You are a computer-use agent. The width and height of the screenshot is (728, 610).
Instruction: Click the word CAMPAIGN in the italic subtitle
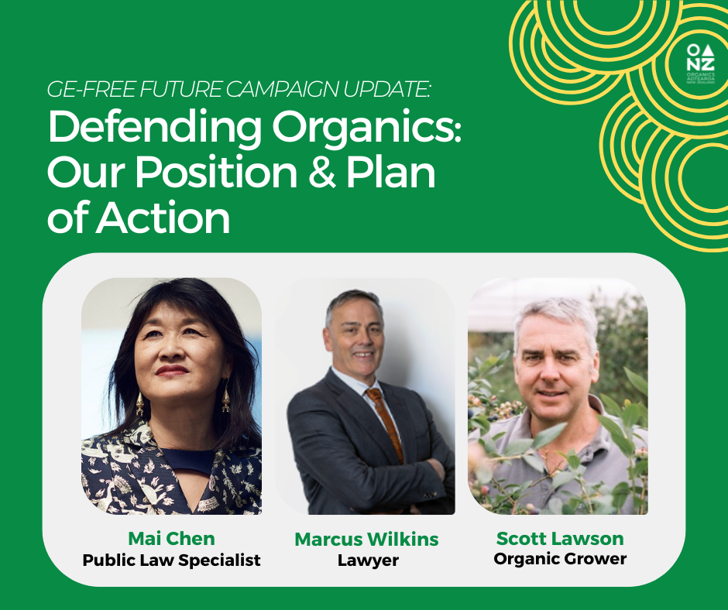pos(273,91)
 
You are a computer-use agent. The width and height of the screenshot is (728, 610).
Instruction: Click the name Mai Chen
pos(171,538)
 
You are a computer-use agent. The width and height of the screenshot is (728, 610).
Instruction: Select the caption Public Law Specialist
pos(171,559)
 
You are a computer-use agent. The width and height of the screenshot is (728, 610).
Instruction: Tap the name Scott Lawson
pos(560,538)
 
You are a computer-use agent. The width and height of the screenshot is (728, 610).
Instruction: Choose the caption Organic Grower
pos(560,558)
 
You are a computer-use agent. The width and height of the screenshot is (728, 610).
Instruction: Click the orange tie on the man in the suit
pos(383,422)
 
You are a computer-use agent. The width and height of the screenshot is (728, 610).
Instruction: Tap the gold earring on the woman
pos(225,399)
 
